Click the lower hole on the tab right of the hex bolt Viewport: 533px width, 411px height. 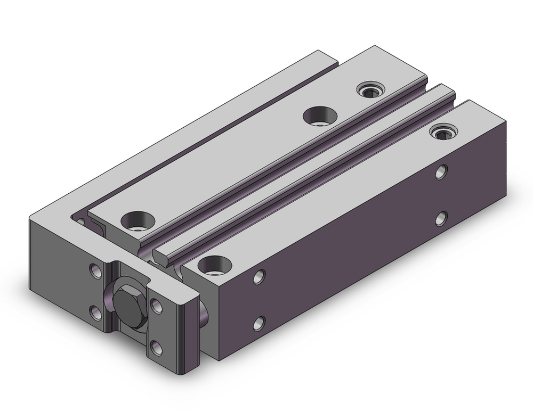[x=156, y=348]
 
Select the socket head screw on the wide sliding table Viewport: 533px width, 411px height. [x=369, y=91]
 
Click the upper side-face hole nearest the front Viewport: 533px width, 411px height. [x=260, y=276]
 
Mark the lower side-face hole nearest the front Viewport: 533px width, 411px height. [x=260, y=323]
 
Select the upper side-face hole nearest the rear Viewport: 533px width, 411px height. [x=441, y=171]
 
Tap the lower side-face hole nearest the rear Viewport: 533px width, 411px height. [x=441, y=218]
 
